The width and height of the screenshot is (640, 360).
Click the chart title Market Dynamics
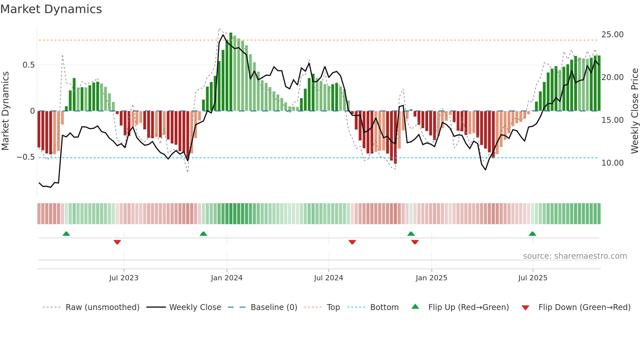51,9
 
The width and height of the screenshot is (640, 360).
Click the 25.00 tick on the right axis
612,35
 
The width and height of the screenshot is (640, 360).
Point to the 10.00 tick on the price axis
612,163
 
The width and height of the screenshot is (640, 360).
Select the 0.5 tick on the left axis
28,65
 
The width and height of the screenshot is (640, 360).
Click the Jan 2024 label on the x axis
227,278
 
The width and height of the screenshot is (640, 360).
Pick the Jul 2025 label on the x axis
533,278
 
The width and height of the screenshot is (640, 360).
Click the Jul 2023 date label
124,278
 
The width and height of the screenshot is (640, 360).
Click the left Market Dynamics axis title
5,111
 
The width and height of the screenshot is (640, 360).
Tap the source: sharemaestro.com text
575,256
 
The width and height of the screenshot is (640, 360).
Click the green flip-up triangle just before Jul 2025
532,234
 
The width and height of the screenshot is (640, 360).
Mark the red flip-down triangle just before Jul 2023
117,242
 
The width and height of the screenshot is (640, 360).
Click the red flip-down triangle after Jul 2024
352,242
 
